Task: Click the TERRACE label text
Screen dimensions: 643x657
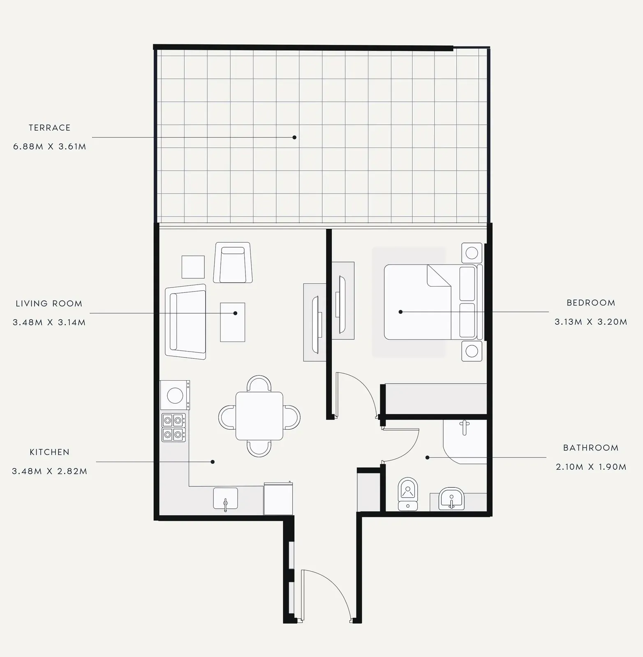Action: [x=50, y=128]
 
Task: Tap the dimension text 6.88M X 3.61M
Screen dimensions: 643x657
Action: [x=50, y=147]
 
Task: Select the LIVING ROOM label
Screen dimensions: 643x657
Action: [x=49, y=304]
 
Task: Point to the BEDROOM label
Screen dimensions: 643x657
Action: [x=591, y=303]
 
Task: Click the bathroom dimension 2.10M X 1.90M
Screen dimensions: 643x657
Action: [x=591, y=467]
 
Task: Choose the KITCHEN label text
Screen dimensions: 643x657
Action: [x=50, y=452]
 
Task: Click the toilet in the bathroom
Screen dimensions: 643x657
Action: [x=408, y=494]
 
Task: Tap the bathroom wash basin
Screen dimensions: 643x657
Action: [x=451, y=498]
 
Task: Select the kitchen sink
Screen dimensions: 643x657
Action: [x=225, y=498]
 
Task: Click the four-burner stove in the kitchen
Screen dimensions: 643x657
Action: [x=173, y=427]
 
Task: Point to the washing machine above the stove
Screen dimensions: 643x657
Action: [x=175, y=395]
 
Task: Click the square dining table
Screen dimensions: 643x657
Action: [x=259, y=416]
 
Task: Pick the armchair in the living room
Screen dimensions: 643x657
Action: [x=233, y=262]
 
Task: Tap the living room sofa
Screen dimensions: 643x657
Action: [x=185, y=322]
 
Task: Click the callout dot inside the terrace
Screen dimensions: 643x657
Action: [x=294, y=137]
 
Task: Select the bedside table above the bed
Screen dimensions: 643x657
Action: [x=472, y=253]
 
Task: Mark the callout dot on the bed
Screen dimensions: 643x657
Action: [x=401, y=312]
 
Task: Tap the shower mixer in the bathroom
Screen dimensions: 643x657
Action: [x=465, y=427]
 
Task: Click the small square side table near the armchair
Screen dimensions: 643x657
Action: [x=193, y=267]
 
